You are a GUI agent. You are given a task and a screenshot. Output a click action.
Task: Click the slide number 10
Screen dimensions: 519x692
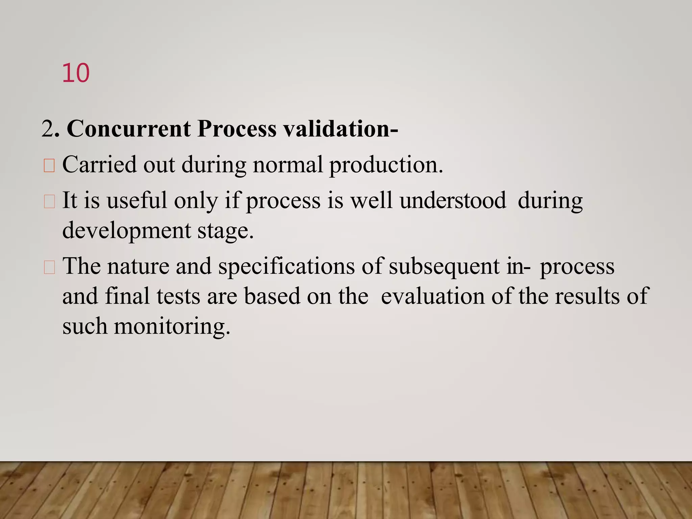76,73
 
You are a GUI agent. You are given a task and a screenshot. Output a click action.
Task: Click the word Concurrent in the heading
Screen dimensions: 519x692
129,129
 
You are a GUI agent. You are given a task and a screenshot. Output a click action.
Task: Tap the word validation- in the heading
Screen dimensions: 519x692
341,129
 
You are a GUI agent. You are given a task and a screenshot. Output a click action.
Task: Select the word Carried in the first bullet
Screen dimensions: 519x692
99,165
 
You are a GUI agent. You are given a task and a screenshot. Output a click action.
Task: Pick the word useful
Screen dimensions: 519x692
137,200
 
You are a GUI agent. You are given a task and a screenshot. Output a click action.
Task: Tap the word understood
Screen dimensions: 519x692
453,200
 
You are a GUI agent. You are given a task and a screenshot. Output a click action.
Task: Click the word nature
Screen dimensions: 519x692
138,266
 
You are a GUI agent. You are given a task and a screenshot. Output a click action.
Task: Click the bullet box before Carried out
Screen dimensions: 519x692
49,166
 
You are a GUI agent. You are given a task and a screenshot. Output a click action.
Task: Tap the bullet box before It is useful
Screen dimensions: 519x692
49,202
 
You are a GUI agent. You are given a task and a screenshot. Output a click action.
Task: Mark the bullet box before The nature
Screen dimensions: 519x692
49,268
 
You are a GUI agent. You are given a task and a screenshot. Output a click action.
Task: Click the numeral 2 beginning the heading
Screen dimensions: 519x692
47,129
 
